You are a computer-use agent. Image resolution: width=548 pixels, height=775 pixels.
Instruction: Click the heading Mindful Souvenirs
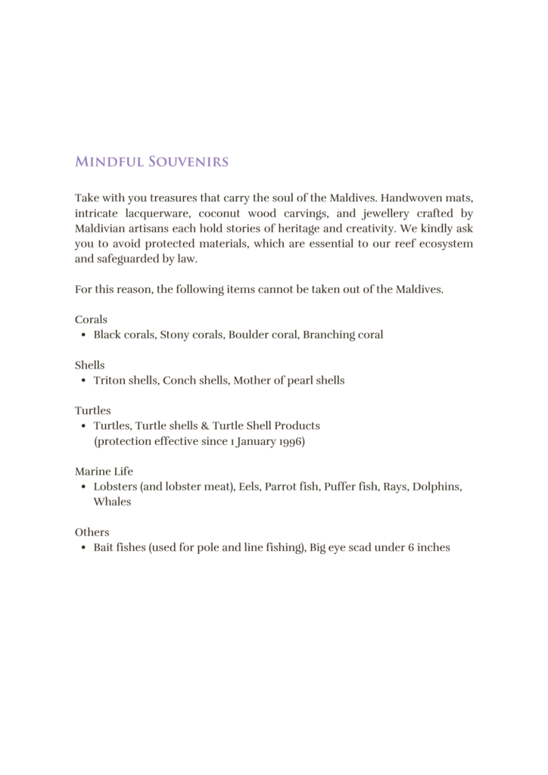click(151, 162)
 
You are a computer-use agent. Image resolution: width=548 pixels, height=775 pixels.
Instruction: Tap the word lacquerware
click(150, 213)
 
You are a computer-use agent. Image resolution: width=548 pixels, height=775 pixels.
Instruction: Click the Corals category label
click(91, 319)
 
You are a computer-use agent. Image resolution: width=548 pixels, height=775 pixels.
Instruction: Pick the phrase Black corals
click(124, 335)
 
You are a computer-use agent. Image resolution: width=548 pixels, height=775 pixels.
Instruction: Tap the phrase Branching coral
click(343, 335)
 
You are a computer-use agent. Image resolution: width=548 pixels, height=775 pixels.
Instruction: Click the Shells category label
click(90, 365)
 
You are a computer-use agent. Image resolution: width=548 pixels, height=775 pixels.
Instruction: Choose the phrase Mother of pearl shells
click(288, 380)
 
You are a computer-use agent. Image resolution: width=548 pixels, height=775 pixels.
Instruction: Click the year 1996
click(287, 440)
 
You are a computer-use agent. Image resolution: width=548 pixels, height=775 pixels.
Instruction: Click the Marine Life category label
click(104, 471)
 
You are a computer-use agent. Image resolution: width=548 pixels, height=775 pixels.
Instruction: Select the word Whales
click(112, 501)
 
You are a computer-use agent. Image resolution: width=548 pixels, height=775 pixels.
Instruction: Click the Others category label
click(92, 531)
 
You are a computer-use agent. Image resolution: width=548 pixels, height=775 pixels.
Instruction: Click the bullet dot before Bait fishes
click(83, 547)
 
